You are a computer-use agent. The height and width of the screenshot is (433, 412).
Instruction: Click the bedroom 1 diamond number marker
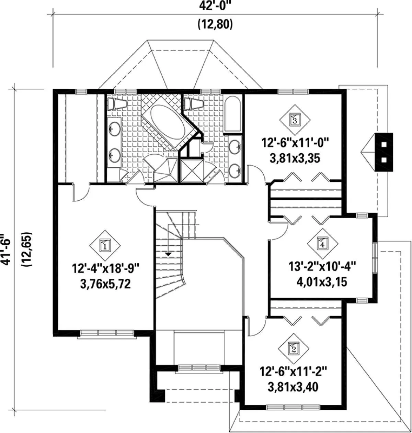pyautogui.click(x=105, y=246)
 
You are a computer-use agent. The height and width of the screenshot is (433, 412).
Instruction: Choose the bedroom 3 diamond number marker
pyautogui.click(x=295, y=120)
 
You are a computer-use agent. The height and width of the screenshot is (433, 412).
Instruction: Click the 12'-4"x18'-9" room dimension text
pyautogui.click(x=106, y=269)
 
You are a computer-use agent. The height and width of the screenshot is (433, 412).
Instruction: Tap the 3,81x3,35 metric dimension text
pyautogui.click(x=295, y=158)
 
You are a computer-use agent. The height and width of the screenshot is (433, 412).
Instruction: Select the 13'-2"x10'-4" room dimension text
pyautogui.click(x=322, y=267)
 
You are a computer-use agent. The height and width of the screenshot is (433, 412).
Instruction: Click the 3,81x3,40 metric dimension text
pyautogui.click(x=293, y=387)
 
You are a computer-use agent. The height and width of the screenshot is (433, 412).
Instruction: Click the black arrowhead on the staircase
pyautogui.click(x=168, y=254)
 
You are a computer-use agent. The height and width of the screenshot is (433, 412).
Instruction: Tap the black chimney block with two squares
pyautogui.click(x=384, y=152)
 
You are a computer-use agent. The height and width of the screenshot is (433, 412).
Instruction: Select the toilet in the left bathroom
pyautogui.click(x=117, y=103)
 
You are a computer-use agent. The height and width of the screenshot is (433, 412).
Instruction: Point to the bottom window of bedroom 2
pyautogui.click(x=293, y=407)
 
